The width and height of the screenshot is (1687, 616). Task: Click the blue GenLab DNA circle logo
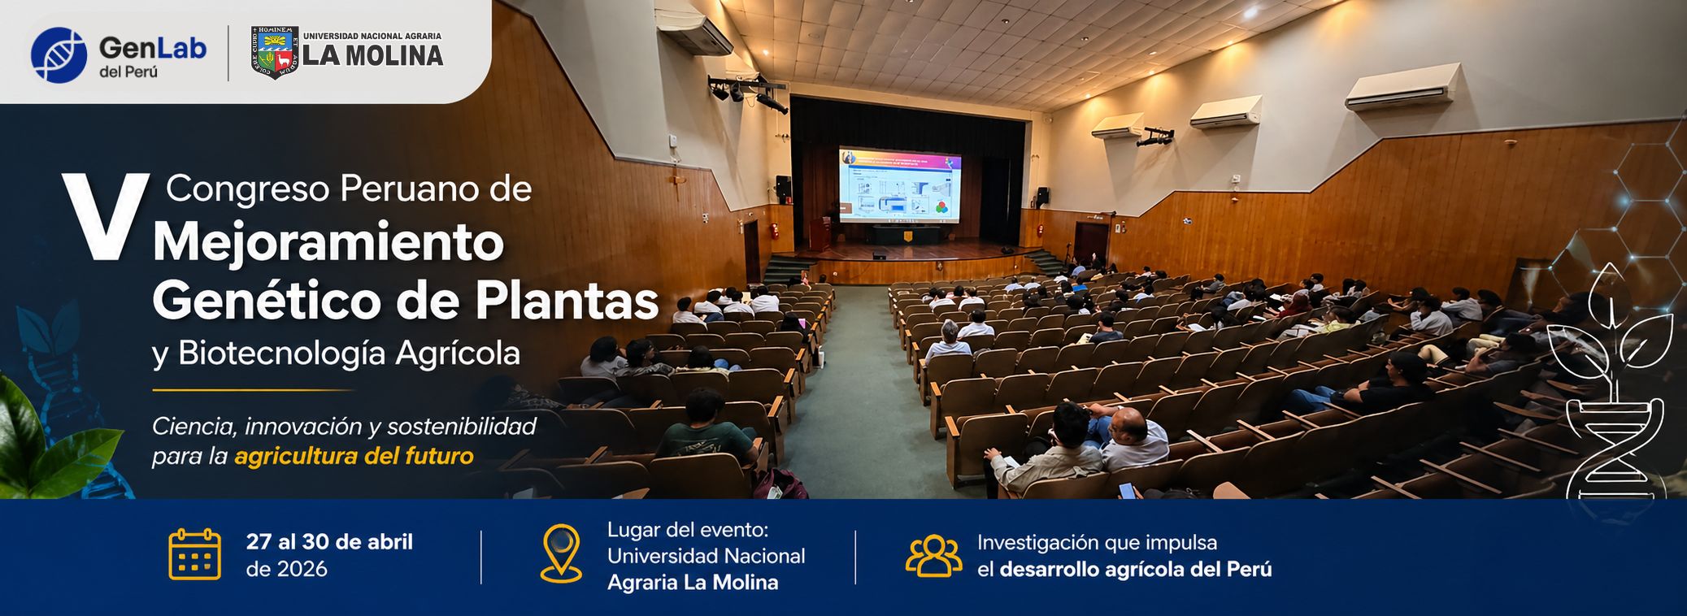click(59, 55)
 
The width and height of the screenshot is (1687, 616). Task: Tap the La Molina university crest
click(275, 53)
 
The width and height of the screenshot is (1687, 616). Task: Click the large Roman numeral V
click(106, 217)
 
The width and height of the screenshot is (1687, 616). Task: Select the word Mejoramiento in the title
click(328, 241)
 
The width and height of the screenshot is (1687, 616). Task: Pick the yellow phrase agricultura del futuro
click(354, 456)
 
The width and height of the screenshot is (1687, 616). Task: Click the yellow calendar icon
click(194, 554)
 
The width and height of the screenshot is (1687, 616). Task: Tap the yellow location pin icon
click(561, 553)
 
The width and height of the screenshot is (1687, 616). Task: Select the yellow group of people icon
click(933, 556)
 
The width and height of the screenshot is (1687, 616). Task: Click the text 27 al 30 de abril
click(329, 542)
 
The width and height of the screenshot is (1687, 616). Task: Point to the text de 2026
click(287, 569)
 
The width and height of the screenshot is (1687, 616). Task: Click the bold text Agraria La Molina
click(693, 583)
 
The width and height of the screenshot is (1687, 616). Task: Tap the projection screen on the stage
click(899, 185)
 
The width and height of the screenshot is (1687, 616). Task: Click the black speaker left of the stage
click(783, 189)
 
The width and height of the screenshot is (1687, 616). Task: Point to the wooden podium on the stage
click(820, 234)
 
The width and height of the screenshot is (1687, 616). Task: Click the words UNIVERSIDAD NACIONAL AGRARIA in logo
click(372, 36)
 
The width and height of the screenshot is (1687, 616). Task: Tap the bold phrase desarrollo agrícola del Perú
click(1135, 570)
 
